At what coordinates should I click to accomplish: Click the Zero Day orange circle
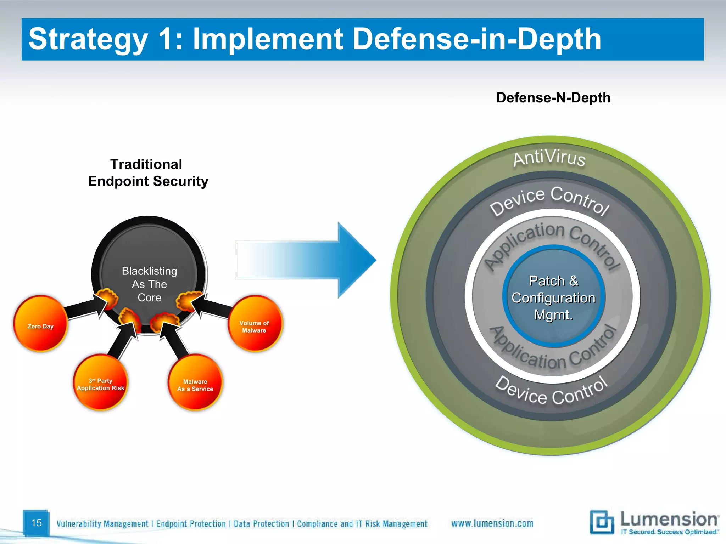click(40, 323)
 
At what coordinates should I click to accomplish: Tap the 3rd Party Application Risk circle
click(101, 382)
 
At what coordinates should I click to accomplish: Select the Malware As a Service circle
click(195, 382)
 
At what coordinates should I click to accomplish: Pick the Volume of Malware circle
click(255, 323)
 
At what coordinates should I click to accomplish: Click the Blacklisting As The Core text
click(149, 284)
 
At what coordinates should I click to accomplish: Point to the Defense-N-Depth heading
click(553, 98)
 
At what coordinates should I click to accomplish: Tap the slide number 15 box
click(36, 523)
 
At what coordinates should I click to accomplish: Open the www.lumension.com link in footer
click(492, 523)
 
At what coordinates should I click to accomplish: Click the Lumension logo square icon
click(602, 521)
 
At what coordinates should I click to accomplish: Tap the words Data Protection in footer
click(261, 524)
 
